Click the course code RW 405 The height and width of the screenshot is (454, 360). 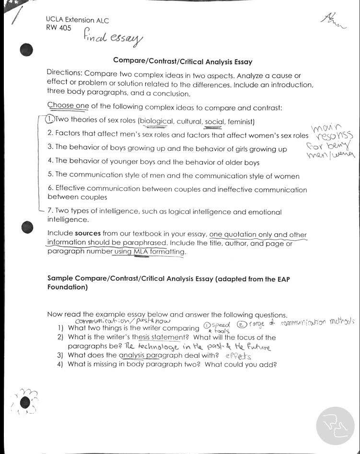[58, 28]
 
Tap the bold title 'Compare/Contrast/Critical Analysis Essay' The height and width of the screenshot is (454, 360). [183, 61]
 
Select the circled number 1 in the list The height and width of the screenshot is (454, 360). [49, 119]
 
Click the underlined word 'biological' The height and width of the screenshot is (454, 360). [156, 121]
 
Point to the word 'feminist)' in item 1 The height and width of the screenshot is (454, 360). [241, 121]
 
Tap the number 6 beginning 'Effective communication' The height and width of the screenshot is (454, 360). [50, 189]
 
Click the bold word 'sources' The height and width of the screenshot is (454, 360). [88, 233]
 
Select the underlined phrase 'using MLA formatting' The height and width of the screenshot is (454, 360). [149, 251]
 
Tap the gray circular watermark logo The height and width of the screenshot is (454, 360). [335, 425]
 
